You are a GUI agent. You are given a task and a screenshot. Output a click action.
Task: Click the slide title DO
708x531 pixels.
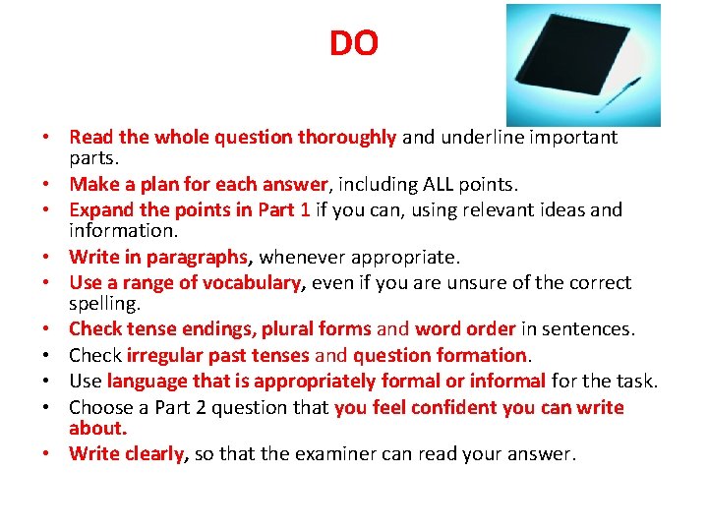(x=353, y=44)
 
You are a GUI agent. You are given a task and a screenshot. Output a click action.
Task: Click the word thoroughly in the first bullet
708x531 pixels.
(x=348, y=138)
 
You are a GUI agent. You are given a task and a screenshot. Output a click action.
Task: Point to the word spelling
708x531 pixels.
(x=97, y=305)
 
